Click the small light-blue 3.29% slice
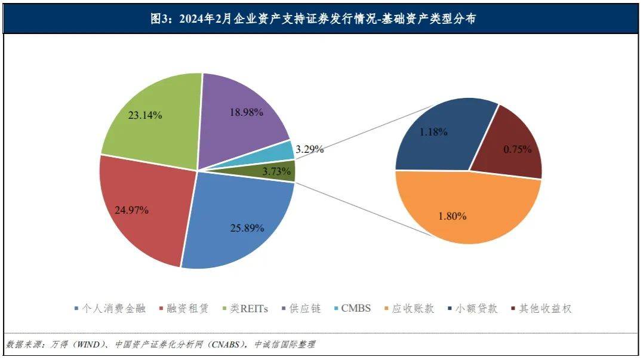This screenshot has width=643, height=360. tap(285, 151)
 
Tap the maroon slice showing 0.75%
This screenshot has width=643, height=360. tap(513, 146)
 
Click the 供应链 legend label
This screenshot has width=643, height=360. tap(305, 309)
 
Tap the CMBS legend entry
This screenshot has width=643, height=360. tap(356, 309)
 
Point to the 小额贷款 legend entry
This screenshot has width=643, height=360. tap(476, 309)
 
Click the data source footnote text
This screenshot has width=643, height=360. tap(161, 344)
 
